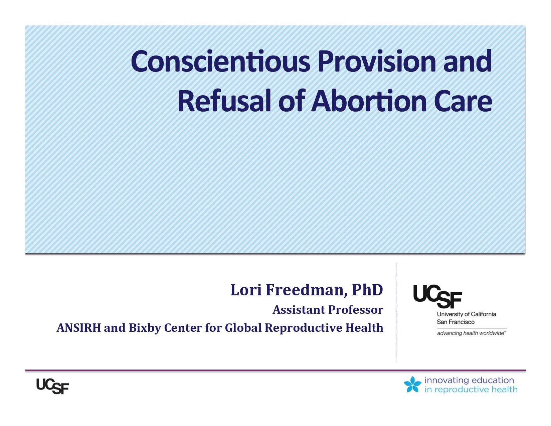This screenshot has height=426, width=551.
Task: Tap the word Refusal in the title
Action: coord(224,101)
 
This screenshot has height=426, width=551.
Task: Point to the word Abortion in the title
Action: coord(369,101)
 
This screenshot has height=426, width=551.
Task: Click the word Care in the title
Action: coord(463,101)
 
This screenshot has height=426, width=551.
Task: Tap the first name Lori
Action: coord(246,290)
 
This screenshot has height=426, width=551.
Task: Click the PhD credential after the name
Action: coord(367,290)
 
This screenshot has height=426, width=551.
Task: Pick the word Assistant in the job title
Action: coord(299,310)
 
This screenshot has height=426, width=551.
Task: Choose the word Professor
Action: coord(356,310)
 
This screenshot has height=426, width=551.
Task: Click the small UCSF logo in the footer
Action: coord(52,387)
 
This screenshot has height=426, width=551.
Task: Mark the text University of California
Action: coord(466,314)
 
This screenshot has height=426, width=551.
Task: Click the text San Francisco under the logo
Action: coord(455,322)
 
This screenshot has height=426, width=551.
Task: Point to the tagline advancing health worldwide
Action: coord(471,333)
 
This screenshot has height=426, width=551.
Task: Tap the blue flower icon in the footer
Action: coord(412,384)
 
